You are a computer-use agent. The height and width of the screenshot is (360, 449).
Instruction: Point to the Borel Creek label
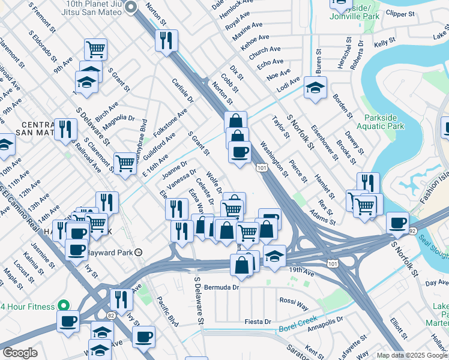coord(297,325)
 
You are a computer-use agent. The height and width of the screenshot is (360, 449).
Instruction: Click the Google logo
coord(20,353)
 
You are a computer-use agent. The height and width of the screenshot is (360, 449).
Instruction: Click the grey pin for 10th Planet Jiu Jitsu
coord(133,7)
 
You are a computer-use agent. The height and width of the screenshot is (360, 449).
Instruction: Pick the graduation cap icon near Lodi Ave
coord(315,88)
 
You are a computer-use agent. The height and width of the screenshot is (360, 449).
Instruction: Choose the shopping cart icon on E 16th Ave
coord(125,162)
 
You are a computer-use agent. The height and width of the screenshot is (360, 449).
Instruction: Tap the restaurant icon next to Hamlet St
coord(368,182)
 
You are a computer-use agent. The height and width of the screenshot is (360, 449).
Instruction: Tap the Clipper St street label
coord(401,13)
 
